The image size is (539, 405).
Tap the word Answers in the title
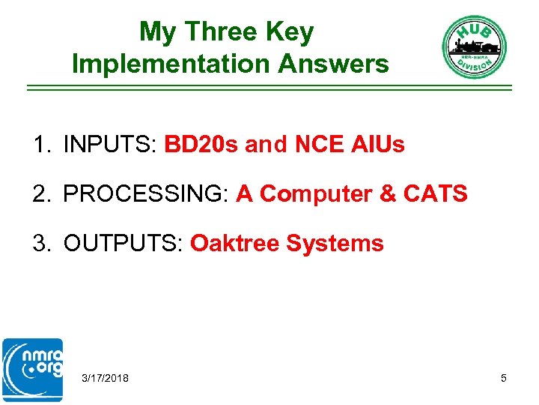[x=333, y=64]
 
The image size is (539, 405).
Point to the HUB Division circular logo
[x=474, y=47]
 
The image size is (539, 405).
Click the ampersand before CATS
[x=388, y=194]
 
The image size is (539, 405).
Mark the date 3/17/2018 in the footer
[x=105, y=378]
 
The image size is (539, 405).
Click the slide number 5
[x=504, y=378]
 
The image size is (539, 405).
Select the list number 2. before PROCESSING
[x=41, y=194]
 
